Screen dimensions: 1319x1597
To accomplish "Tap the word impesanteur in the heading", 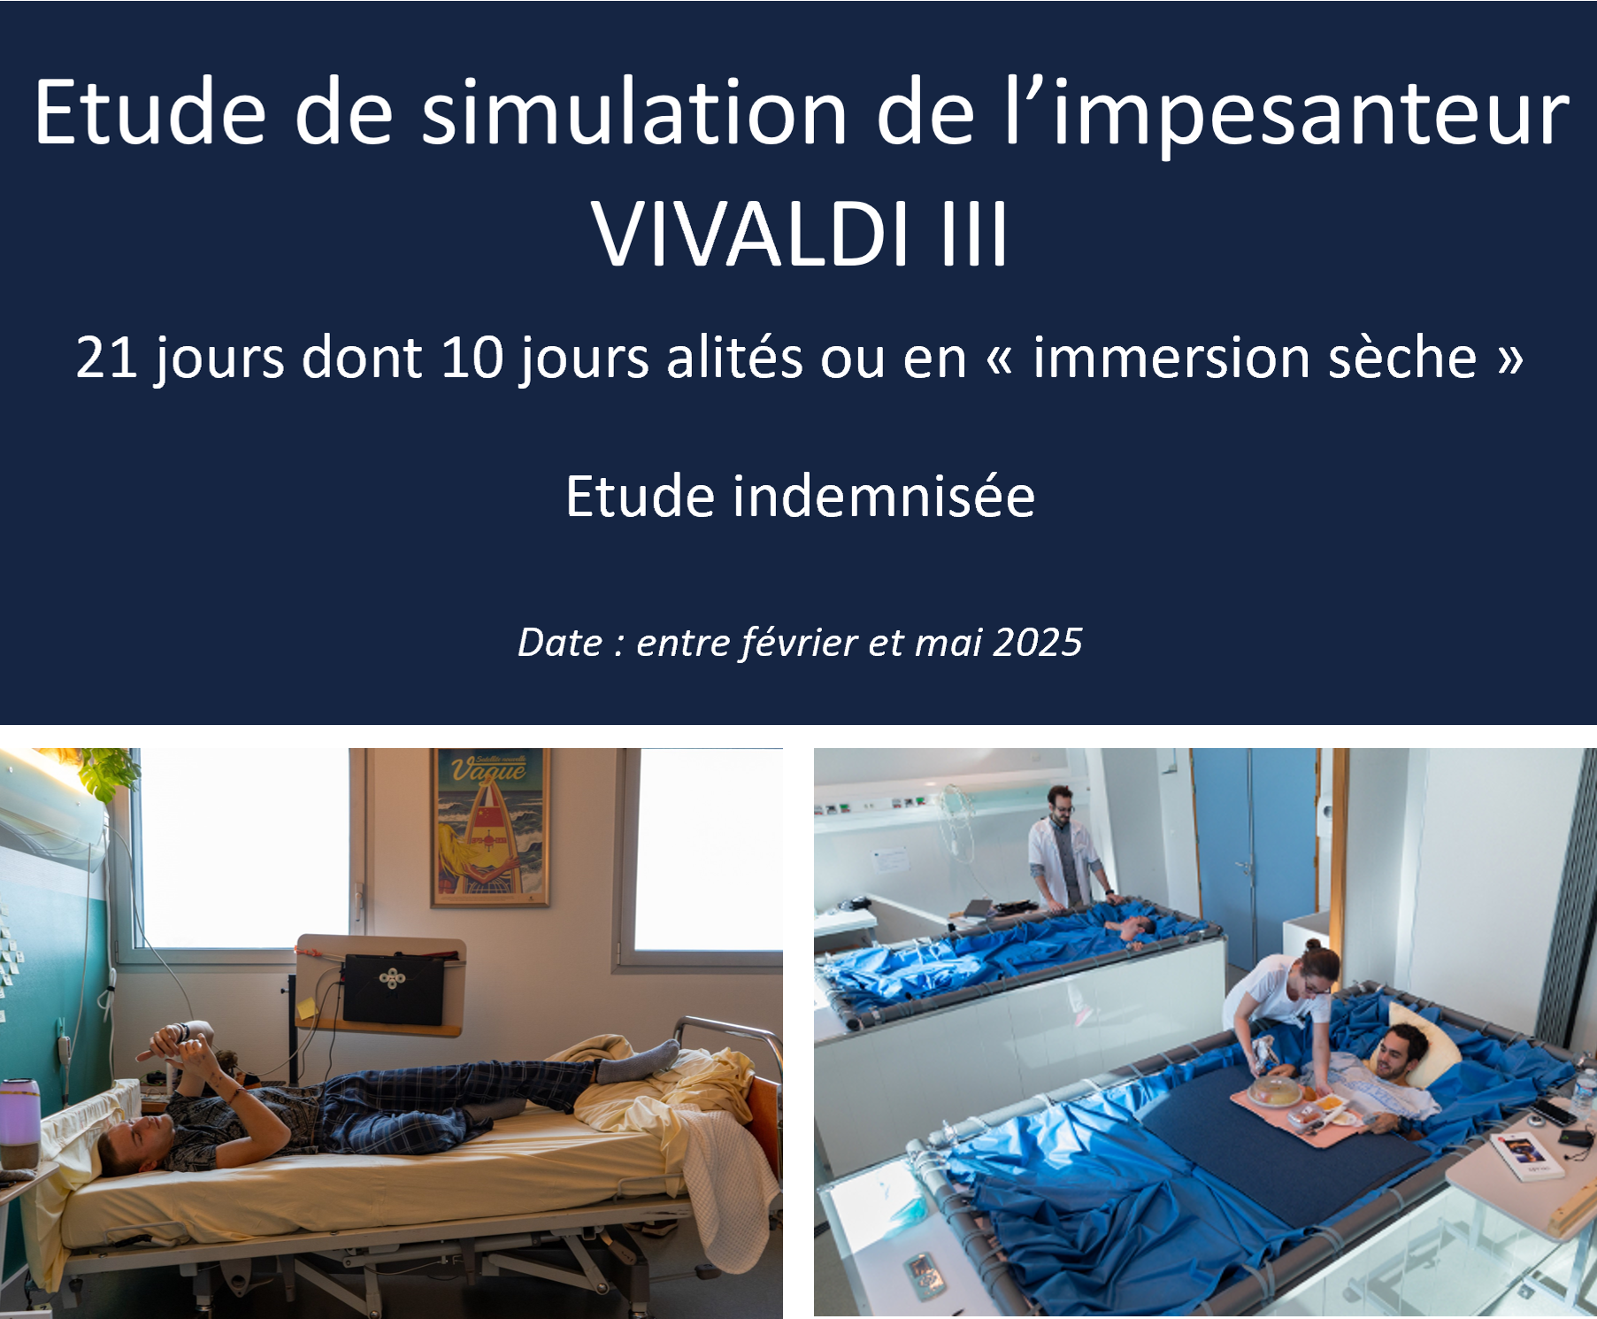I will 1309,115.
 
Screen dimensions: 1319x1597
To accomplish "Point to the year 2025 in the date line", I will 1037,643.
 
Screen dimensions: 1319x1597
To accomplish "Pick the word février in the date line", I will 799,643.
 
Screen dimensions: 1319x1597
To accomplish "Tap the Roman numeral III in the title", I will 973,235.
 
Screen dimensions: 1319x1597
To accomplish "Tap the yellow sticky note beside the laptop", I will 307,1008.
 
